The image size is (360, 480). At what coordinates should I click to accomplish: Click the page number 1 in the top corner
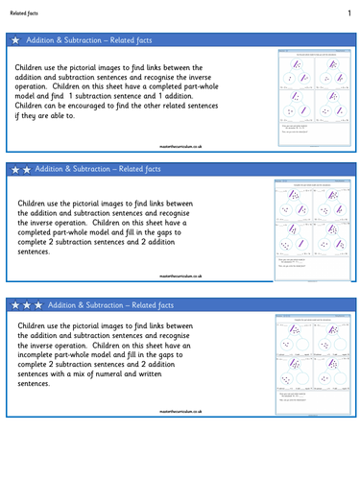coord(348,12)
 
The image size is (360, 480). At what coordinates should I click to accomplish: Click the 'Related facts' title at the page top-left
coord(27,13)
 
